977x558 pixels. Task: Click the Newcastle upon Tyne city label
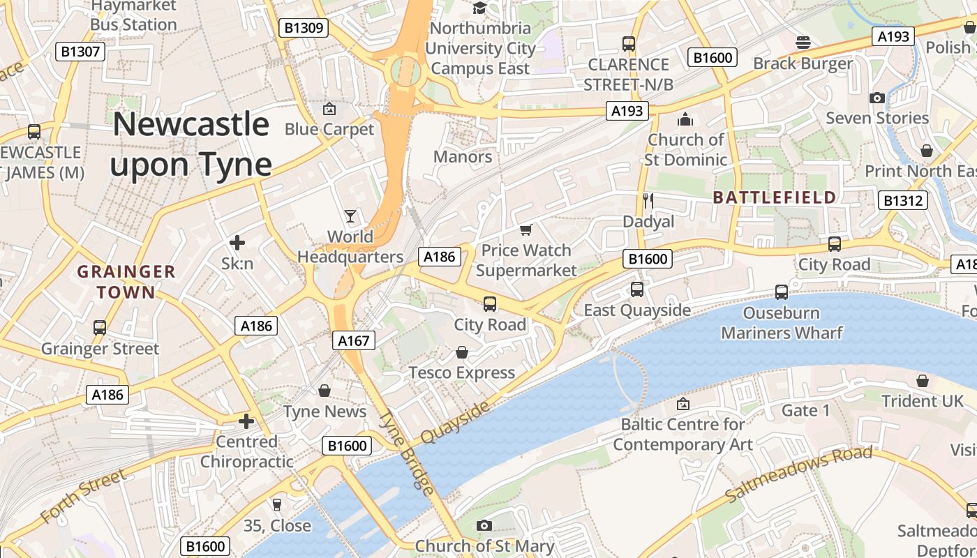[x=190, y=144]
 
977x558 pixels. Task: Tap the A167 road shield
[x=353, y=340]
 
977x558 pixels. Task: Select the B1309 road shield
[x=303, y=28]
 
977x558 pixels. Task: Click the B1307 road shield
[x=80, y=51]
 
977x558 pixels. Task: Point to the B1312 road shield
[x=903, y=201]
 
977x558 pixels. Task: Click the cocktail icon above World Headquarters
[x=350, y=216]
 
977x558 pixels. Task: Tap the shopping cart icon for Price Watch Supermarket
[x=526, y=229]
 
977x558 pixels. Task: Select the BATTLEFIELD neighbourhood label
[x=775, y=197]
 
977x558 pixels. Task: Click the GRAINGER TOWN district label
[x=126, y=281]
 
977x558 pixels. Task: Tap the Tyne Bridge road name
[x=406, y=452]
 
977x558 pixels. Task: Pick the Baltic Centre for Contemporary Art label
[x=683, y=434]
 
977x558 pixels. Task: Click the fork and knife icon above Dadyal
[x=648, y=201]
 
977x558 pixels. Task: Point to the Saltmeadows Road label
[x=798, y=475]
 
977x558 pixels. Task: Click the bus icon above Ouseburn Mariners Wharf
[x=782, y=292]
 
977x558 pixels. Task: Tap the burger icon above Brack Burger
[x=803, y=43]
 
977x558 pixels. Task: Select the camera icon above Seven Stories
[x=877, y=98]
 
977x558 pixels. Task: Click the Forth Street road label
[x=83, y=496]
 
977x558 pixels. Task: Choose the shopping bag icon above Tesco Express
[x=461, y=352]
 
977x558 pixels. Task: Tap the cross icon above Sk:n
[x=237, y=243]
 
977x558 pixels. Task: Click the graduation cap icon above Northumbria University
[x=479, y=8]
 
